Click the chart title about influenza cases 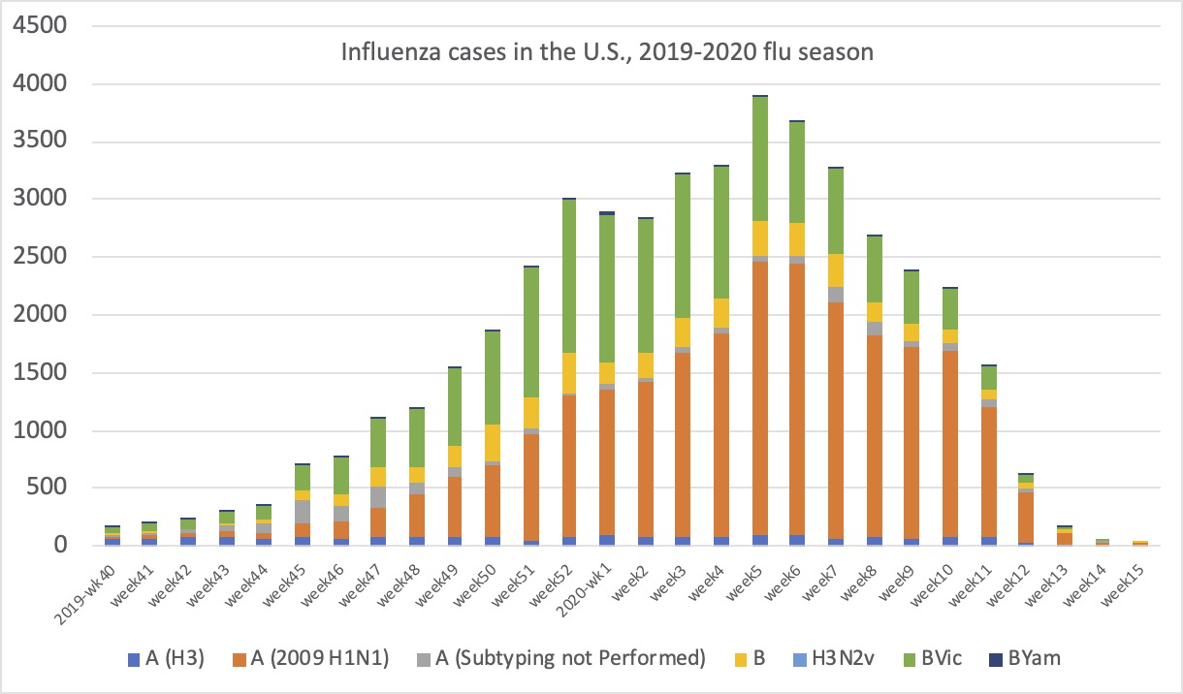(607, 51)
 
